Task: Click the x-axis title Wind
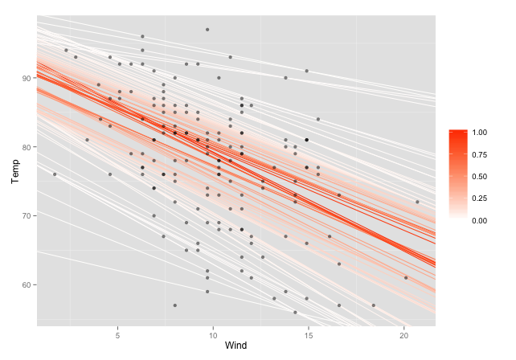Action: click(x=236, y=346)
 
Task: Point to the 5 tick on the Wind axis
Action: click(x=118, y=333)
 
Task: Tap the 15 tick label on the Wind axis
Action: click(x=309, y=333)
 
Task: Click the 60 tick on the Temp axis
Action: click(x=29, y=285)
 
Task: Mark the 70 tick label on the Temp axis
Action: click(x=29, y=216)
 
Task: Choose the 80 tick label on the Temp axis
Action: click(x=29, y=147)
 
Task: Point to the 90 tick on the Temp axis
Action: click(x=29, y=78)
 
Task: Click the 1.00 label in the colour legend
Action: click(x=481, y=133)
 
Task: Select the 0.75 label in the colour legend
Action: click(x=481, y=154)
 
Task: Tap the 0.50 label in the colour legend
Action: click(x=481, y=176)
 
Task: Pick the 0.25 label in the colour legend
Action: click(x=481, y=198)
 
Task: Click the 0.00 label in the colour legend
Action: click(x=481, y=219)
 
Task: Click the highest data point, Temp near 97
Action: click(x=207, y=30)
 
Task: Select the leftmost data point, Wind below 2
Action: click(x=55, y=174)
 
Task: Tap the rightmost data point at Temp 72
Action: click(x=417, y=202)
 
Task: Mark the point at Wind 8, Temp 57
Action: click(x=175, y=305)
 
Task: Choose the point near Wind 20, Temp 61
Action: click(x=406, y=278)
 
